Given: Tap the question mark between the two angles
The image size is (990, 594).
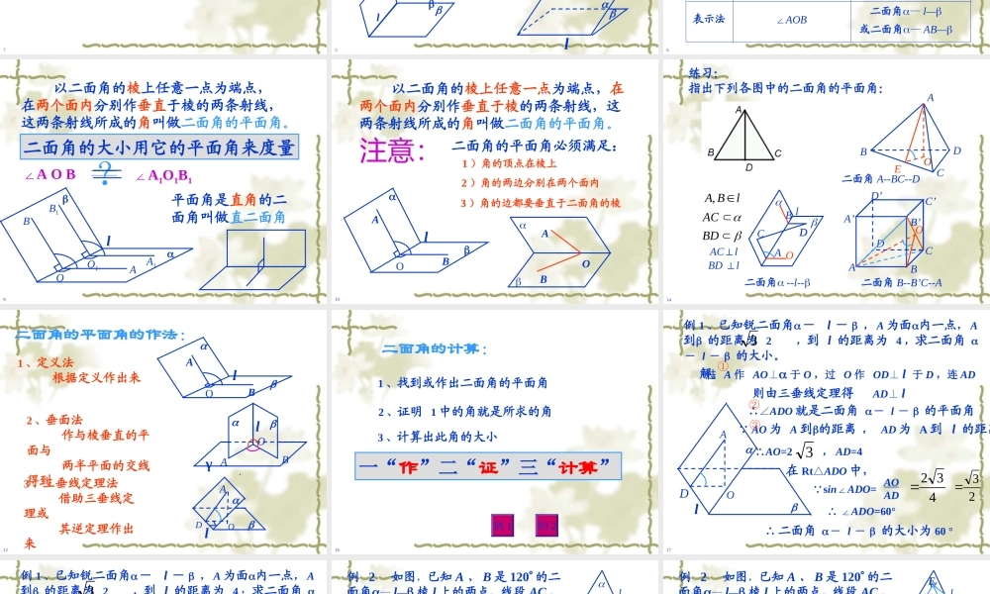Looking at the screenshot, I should coord(102,175).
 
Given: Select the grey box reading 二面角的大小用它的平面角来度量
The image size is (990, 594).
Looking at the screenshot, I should coord(159,148).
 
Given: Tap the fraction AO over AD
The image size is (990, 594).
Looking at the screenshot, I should coord(891,488).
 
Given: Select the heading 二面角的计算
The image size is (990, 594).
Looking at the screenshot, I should coord(435,347).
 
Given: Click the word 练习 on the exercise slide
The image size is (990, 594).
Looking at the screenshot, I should coord(702,72).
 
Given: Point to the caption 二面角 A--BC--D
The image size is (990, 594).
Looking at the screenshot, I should coord(880,178).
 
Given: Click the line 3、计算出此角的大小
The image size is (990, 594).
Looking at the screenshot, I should coord(437,436).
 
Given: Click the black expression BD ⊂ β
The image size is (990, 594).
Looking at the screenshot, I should coord(723,235).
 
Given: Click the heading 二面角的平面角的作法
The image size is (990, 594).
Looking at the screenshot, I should coord(100,334).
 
